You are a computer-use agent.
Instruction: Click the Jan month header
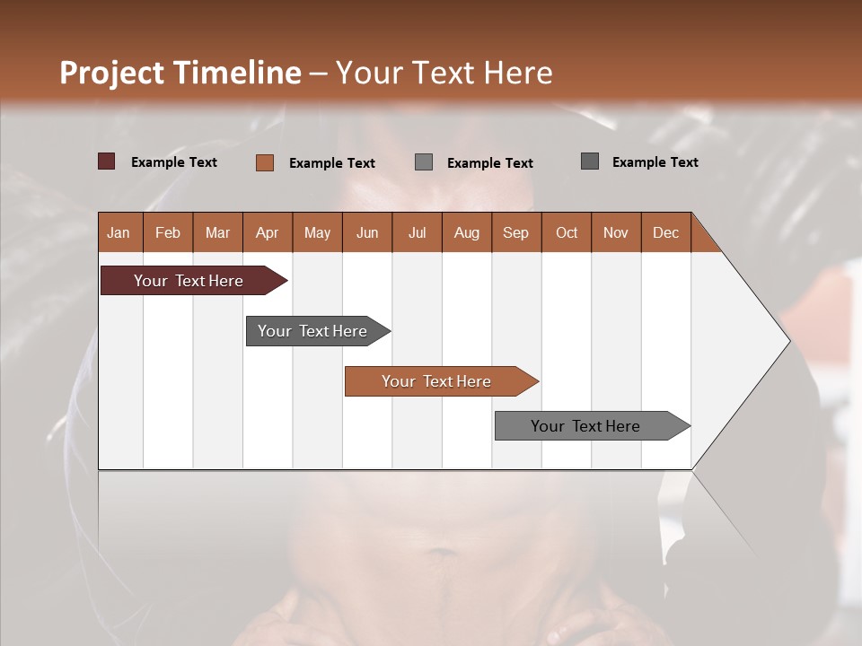point(119,232)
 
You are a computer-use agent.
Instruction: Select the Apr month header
point(267,232)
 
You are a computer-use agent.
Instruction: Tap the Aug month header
point(466,232)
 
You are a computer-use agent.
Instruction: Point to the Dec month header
point(665,232)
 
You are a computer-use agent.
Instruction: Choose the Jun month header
point(366,232)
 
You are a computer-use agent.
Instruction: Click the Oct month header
point(566,232)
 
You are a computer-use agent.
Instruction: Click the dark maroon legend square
point(106,161)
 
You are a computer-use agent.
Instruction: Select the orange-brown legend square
point(264,162)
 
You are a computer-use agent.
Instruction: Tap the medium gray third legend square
point(424,162)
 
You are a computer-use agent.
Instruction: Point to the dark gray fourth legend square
point(589,161)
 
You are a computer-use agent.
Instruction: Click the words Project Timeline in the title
point(180,73)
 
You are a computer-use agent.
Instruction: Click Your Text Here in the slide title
point(444,73)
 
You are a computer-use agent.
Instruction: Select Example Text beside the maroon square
point(174,162)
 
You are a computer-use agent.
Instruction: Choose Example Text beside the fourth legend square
point(655,162)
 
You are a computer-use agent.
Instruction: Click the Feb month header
point(168,232)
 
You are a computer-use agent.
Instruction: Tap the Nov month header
point(615,232)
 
